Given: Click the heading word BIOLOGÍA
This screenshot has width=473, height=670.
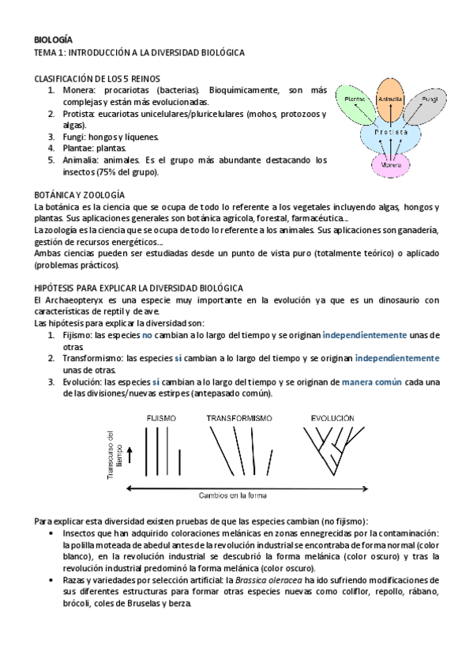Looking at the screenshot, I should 54,39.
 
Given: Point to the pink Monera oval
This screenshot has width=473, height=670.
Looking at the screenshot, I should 392,165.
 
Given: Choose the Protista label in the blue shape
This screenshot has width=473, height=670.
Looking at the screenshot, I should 392,133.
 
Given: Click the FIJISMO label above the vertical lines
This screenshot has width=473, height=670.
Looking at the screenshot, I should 161,417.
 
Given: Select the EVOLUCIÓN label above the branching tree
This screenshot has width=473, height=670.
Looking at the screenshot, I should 332,417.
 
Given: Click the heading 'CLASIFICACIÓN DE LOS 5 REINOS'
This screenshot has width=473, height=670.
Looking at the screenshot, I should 97,78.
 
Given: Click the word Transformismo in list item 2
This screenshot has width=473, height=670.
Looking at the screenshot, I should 93,358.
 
